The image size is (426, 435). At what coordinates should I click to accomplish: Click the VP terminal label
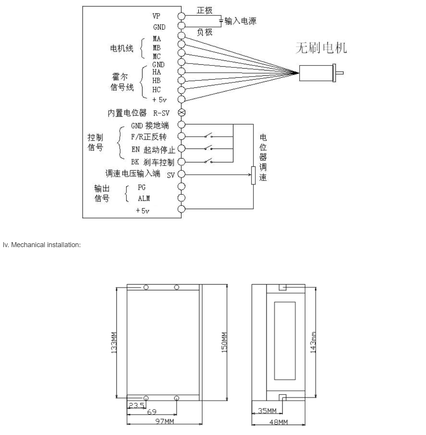click(156, 16)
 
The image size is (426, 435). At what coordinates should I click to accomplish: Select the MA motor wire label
click(156, 39)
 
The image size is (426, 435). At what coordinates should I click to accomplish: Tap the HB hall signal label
click(156, 81)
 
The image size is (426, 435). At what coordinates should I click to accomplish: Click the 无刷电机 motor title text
click(321, 48)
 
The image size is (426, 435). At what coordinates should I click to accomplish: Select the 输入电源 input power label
click(241, 21)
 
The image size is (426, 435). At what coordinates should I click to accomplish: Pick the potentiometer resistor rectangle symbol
click(253, 176)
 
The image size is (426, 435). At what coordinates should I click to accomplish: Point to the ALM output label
click(144, 199)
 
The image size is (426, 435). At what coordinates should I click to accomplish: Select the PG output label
click(141, 187)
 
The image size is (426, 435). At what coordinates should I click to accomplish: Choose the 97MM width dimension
click(164, 421)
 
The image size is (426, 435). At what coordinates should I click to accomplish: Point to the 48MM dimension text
click(278, 422)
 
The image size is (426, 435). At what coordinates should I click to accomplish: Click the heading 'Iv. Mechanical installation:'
click(42, 245)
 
